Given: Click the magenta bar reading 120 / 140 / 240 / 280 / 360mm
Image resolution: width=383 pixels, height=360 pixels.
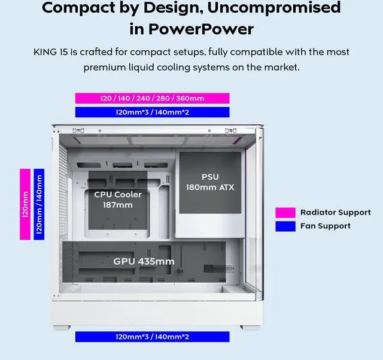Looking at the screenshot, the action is click(x=152, y=98).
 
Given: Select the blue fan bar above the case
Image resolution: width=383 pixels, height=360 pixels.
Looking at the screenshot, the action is click(x=152, y=112).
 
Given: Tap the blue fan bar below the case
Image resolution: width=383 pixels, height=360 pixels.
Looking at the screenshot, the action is click(x=152, y=337).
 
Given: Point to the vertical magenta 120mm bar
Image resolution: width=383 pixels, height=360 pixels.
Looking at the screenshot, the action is click(x=25, y=204).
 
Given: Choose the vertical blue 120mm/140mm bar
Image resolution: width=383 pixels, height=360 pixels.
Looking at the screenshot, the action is click(x=39, y=204).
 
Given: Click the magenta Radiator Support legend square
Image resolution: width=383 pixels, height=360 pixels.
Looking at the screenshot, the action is click(x=285, y=213).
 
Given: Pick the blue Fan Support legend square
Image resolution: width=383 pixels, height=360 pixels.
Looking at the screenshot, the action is click(x=285, y=226).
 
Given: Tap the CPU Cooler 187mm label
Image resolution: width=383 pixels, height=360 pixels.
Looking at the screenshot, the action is click(x=118, y=199).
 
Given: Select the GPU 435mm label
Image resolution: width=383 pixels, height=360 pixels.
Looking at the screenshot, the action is click(x=144, y=261).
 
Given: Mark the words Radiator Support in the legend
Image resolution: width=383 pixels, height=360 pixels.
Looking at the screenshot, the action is click(x=335, y=213).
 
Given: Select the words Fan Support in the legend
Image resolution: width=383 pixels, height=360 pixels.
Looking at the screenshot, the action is click(x=325, y=226).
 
